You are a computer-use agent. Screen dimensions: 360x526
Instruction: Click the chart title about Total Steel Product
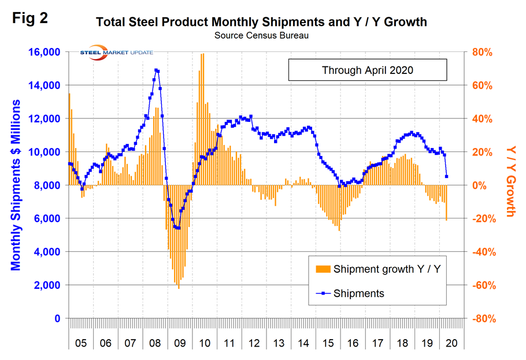click(261, 23)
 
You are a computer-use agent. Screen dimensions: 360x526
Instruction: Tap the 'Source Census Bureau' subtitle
click(261, 35)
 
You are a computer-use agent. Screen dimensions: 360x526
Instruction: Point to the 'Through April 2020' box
click(368, 70)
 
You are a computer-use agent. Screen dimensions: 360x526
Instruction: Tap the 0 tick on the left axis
click(57, 318)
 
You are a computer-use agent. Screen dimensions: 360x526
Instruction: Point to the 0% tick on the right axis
click(486, 185)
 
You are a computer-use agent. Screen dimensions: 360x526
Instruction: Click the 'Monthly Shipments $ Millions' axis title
click(16, 185)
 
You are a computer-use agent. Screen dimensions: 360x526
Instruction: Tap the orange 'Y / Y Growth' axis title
click(510, 181)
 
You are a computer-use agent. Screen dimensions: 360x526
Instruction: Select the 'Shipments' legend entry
click(358, 293)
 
